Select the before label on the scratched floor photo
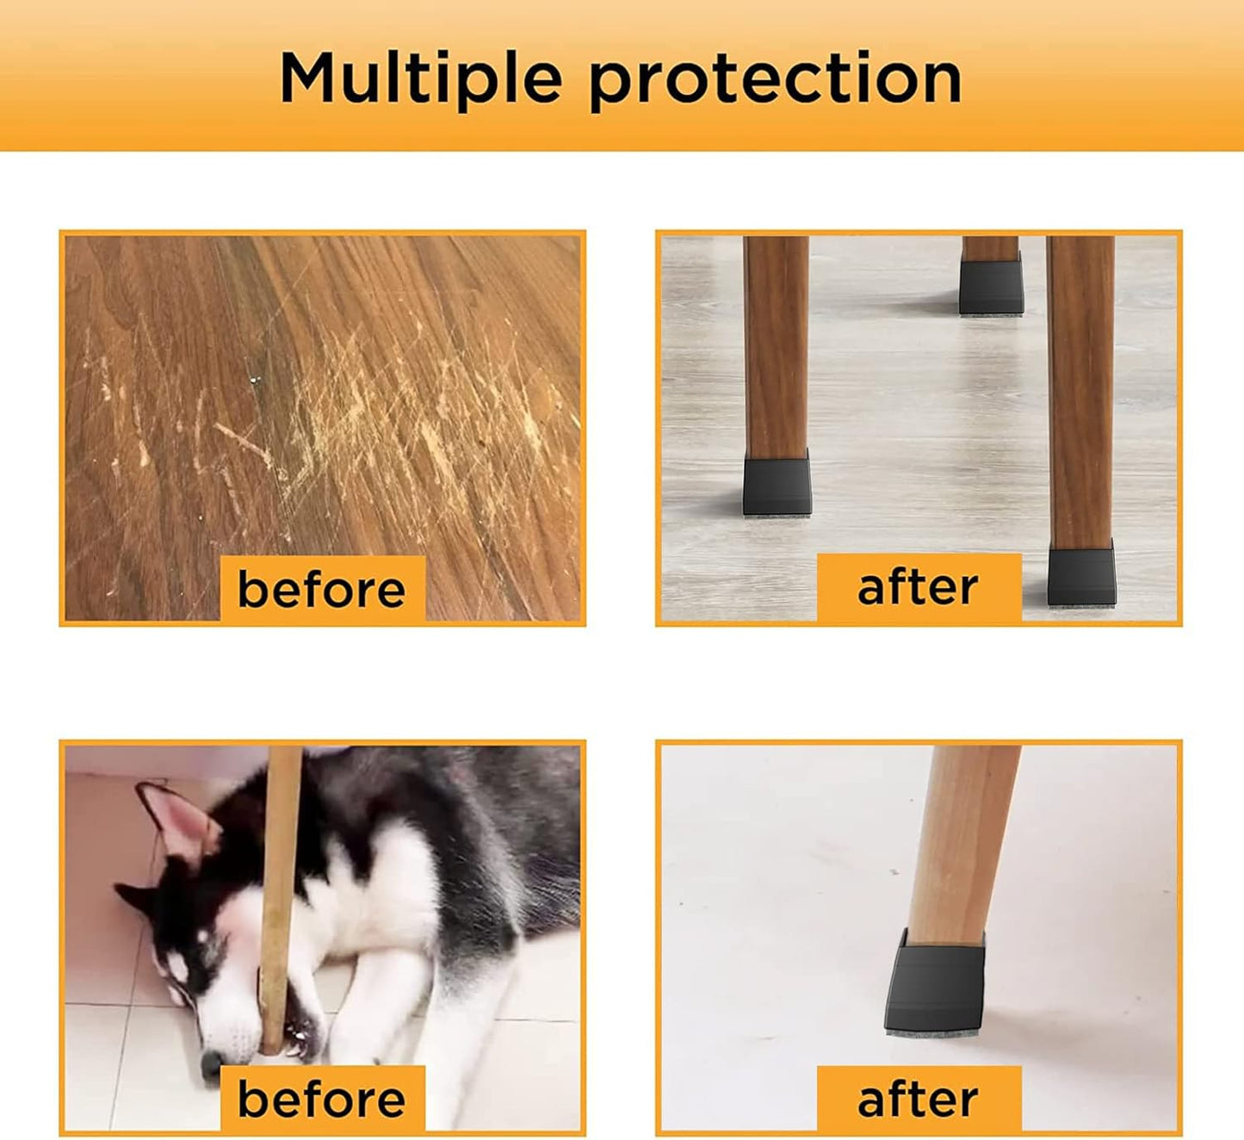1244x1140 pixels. pyautogui.click(x=322, y=589)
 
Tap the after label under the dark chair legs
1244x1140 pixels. pyautogui.click(x=918, y=588)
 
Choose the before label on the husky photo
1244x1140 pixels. pyautogui.click(x=322, y=1099)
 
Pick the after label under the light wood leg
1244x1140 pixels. pyautogui.click(x=918, y=1099)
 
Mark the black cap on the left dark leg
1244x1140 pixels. pyautogui.click(x=777, y=484)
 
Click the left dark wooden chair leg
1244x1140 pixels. pyautogui.click(x=776, y=344)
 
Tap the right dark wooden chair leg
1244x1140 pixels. pyautogui.click(x=1080, y=387)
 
